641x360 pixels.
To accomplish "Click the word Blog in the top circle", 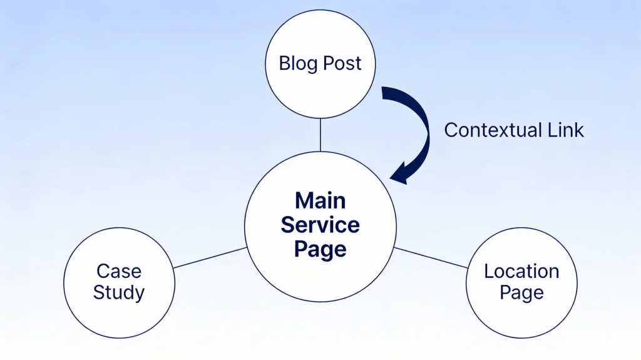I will pyautogui.click(x=298, y=64).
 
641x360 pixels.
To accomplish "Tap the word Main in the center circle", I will pyautogui.click(x=320, y=201).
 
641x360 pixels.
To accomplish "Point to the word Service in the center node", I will pyautogui.click(x=320, y=225).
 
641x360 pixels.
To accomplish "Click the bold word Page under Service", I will pyautogui.click(x=320, y=249).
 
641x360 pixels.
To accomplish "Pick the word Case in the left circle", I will pyautogui.click(x=119, y=271).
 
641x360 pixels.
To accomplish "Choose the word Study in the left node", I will pyautogui.click(x=119, y=292).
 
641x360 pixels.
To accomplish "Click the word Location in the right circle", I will pyautogui.click(x=521, y=271).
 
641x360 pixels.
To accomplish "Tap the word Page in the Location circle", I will pyautogui.click(x=521, y=292).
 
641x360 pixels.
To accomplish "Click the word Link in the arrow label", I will pyautogui.click(x=565, y=130).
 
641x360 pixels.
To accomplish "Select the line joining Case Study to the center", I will pyautogui.click(x=209, y=257).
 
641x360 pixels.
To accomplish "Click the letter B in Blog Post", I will pyautogui.click(x=284, y=64).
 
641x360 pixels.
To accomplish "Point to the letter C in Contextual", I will pyautogui.click(x=450, y=130).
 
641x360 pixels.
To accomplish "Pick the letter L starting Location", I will pyautogui.click(x=489, y=271).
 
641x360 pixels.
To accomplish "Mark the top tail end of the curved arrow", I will pyautogui.click(x=384, y=91).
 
